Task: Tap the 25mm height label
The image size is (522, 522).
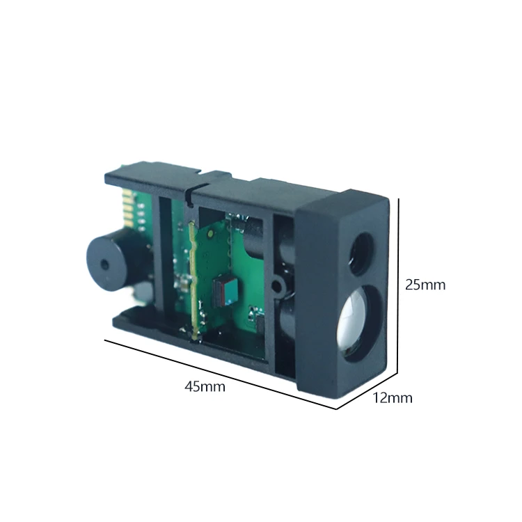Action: [425, 285]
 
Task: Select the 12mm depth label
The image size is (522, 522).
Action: [393, 398]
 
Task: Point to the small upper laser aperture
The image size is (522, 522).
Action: [363, 248]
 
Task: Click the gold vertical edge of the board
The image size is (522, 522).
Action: [191, 278]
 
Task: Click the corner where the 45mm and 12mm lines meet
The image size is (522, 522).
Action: [337, 409]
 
